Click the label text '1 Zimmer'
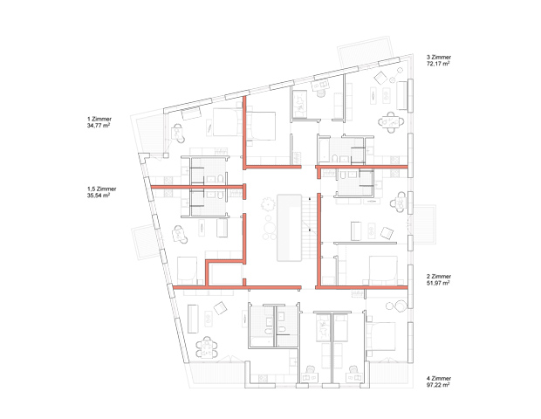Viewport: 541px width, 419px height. click(x=99, y=119)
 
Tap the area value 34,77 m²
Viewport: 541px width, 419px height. click(x=99, y=126)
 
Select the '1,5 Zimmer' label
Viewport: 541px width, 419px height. click(x=102, y=189)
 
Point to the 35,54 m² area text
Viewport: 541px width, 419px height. click(x=99, y=196)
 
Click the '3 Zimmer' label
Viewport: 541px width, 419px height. click(x=439, y=58)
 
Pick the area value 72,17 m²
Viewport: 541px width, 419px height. click(x=438, y=64)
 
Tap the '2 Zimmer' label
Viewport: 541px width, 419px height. click(x=439, y=277)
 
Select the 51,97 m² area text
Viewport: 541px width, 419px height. click(x=438, y=283)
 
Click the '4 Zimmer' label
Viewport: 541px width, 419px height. click(x=439, y=378)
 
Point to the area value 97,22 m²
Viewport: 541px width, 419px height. click(x=438, y=385)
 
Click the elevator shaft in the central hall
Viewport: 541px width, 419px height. click(x=289, y=228)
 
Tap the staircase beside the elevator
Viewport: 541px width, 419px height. click(x=310, y=228)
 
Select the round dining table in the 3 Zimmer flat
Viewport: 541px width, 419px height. click(x=391, y=122)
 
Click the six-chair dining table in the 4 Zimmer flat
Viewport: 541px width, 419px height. click(x=207, y=347)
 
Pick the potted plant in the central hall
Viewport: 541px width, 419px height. click(x=267, y=204)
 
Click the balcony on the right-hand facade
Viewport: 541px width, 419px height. click(x=425, y=224)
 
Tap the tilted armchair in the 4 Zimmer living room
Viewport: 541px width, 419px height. click(x=220, y=308)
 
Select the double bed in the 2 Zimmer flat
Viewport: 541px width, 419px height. click(x=383, y=270)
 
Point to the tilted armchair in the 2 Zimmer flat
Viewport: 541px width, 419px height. click(x=387, y=233)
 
